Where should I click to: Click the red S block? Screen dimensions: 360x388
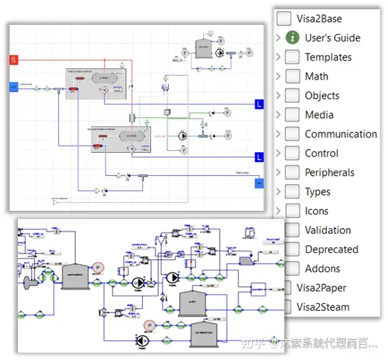[x=14, y=59]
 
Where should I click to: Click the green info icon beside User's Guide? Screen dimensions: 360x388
[x=293, y=38]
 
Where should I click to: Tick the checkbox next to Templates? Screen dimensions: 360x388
[x=293, y=57]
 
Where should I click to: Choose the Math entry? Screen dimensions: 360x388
[x=316, y=77]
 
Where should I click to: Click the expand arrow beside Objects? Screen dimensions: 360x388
[x=279, y=96]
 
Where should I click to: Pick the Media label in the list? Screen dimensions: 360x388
[x=319, y=115]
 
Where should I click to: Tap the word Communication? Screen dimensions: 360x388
[x=340, y=134]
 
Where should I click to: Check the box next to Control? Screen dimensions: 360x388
[x=293, y=153]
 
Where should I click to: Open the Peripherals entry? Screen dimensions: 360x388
[x=329, y=173]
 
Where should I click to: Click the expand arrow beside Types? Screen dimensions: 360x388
[x=279, y=192]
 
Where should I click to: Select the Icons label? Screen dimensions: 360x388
[x=316, y=211]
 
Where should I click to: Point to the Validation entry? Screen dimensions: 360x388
[x=327, y=230]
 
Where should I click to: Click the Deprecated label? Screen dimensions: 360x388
[x=331, y=249]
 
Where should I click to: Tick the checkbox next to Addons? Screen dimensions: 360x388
[x=293, y=268]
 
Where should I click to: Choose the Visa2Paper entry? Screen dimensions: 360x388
[x=321, y=288]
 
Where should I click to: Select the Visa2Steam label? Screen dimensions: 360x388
[x=323, y=307]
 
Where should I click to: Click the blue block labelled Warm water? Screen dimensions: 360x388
[x=259, y=183]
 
